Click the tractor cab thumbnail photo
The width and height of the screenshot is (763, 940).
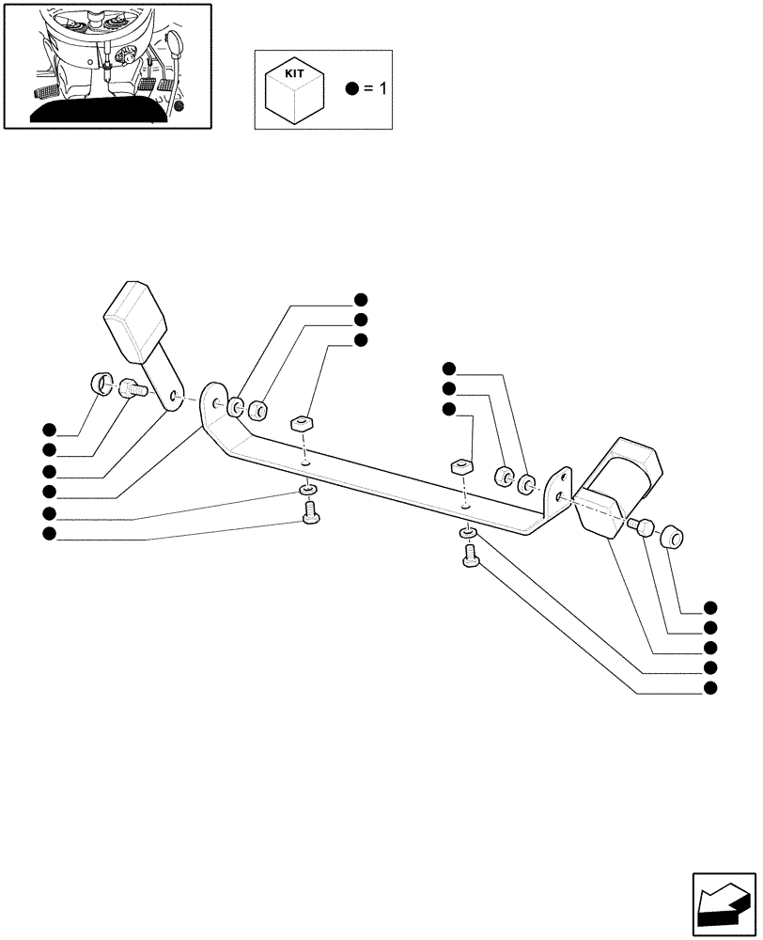[x=106, y=65]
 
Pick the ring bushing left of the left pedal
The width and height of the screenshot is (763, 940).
[x=101, y=384]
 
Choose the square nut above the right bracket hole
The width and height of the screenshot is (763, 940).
[x=460, y=467]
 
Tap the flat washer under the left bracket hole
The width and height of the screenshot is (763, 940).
[x=307, y=492]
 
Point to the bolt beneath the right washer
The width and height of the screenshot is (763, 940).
[x=471, y=557]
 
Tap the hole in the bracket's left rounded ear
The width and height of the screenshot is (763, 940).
[x=218, y=403]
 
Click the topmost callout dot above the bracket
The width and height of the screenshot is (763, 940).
[x=360, y=300]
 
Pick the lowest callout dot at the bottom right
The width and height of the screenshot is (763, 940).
[x=709, y=688]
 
